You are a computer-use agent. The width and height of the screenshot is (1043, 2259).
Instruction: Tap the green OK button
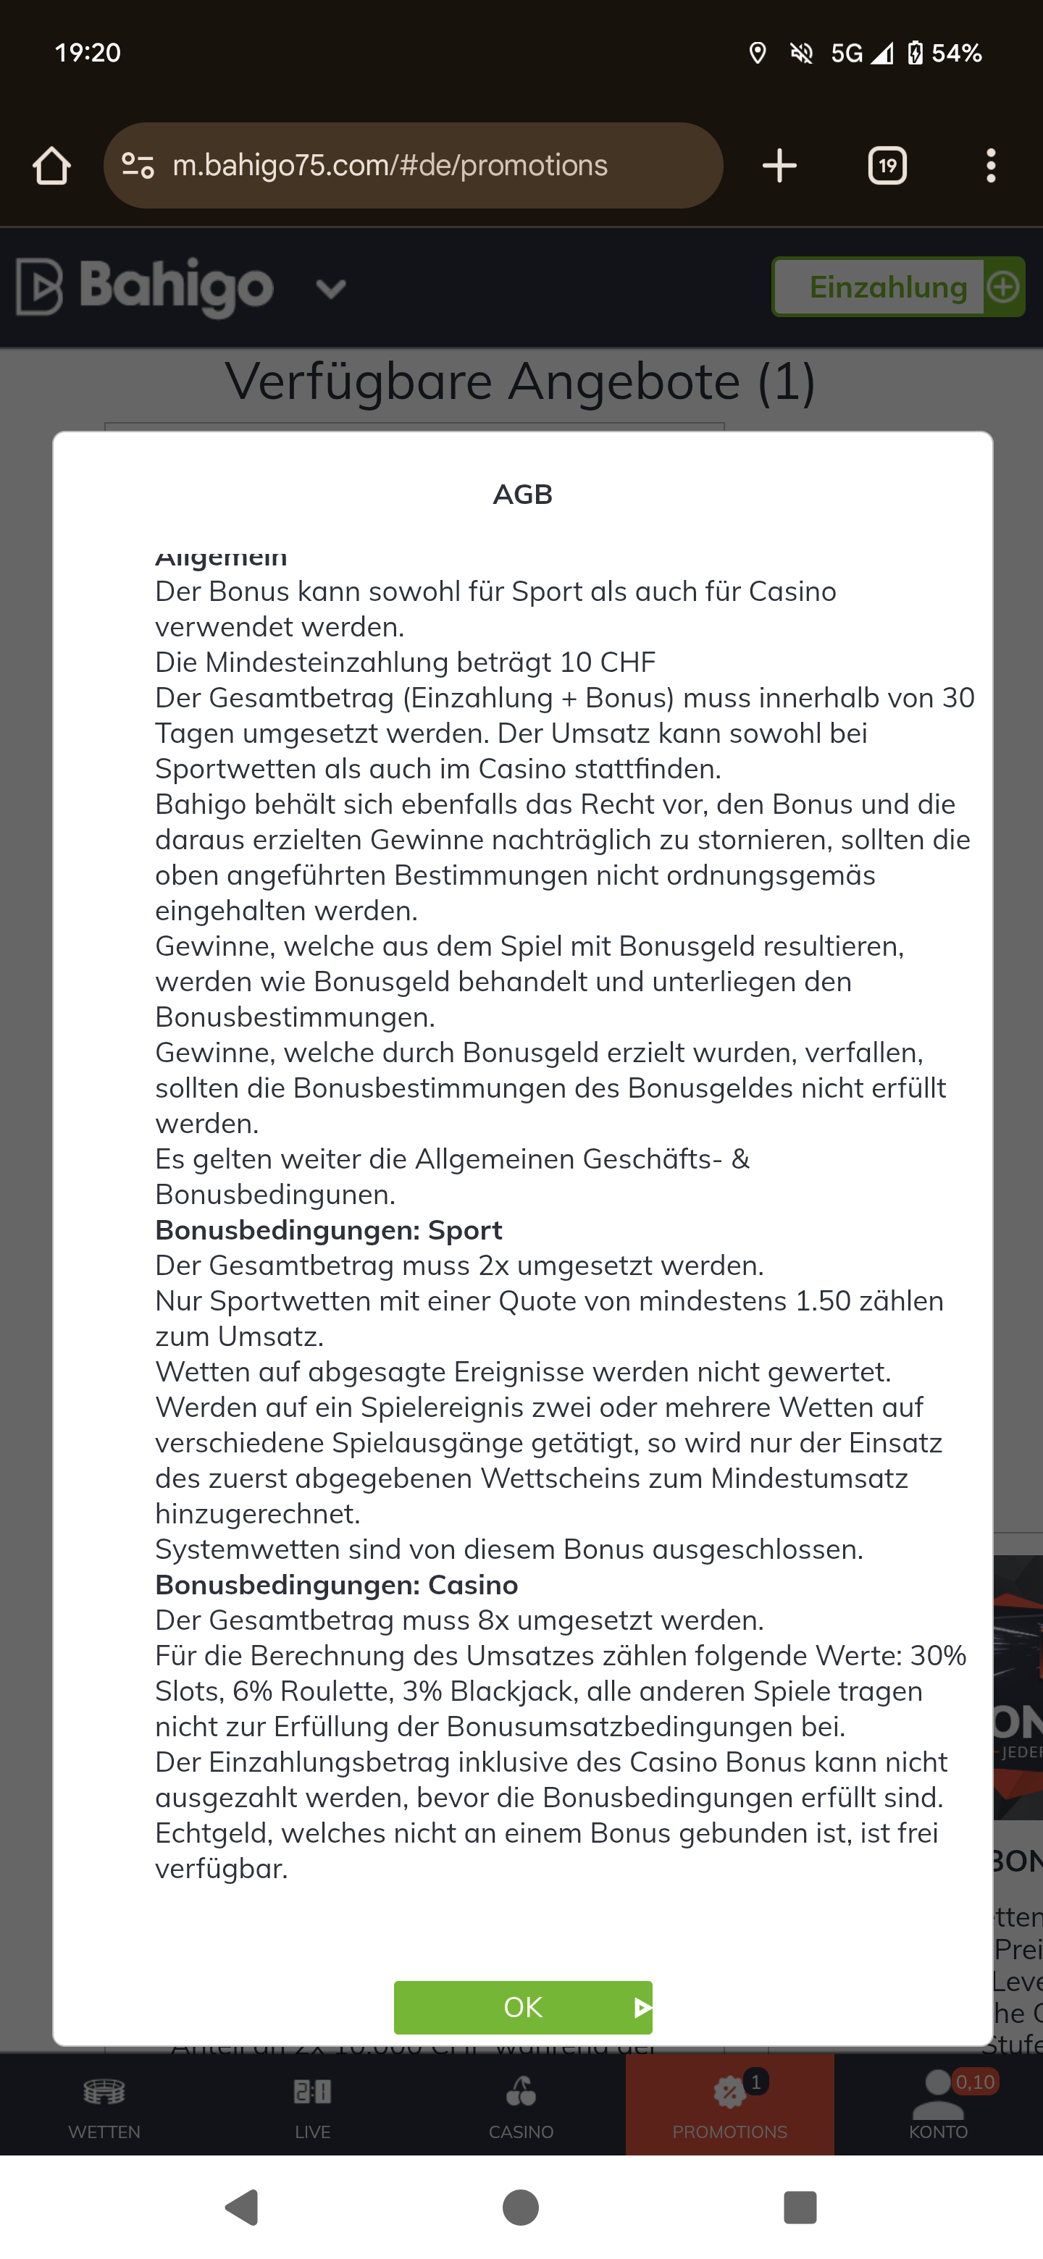click(523, 2006)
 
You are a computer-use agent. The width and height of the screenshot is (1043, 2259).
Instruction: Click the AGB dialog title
click(523, 495)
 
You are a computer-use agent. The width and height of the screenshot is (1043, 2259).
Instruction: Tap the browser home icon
click(51, 166)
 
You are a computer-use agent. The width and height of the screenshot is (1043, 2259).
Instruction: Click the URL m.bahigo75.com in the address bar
click(390, 166)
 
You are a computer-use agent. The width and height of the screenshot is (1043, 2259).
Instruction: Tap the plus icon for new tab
click(779, 166)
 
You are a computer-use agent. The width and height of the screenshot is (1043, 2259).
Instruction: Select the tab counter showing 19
click(887, 166)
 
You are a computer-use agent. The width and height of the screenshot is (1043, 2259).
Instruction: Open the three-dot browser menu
click(990, 166)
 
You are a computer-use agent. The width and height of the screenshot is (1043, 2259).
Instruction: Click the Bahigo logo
click(146, 287)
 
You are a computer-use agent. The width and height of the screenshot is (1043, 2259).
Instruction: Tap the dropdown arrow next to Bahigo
click(331, 288)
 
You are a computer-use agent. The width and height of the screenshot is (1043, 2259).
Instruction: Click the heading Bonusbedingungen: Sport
click(329, 1230)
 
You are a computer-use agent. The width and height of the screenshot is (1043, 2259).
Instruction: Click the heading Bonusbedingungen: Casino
click(337, 1585)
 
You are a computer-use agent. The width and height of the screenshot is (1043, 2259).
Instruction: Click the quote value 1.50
click(823, 1301)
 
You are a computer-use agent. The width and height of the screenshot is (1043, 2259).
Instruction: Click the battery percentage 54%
click(956, 54)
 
